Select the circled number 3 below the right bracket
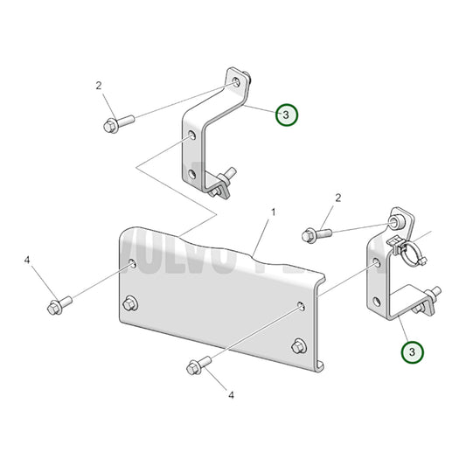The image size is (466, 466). (x=412, y=352)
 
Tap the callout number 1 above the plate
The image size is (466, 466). (x=273, y=212)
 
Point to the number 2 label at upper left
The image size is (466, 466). (x=99, y=86)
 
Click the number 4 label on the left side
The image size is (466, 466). (x=27, y=261)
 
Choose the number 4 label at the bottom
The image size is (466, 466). (x=231, y=395)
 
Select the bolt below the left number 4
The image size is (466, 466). (x=59, y=306)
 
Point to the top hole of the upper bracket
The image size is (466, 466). (x=239, y=81)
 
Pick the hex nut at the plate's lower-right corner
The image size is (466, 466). (x=298, y=344)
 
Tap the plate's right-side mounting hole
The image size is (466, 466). (x=301, y=305)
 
